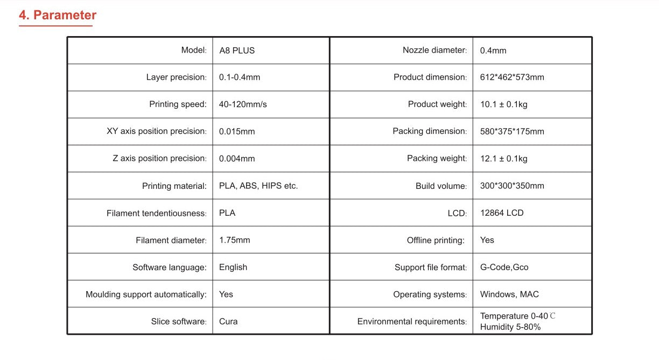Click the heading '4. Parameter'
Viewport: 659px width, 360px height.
click(x=58, y=15)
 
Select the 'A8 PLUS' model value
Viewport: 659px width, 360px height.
click(x=237, y=51)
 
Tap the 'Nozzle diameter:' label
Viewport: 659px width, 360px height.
click(x=434, y=50)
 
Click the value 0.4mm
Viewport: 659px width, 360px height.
click(x=493, y=51)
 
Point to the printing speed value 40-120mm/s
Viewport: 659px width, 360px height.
click(x=243, y=104)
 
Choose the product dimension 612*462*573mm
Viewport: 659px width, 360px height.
click(x=512, y=77)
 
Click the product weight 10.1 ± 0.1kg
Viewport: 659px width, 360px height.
click(x=503, y=104)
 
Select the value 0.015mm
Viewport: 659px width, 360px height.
click(x=237, y=131)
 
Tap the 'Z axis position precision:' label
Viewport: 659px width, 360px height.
click(x=159, y=158)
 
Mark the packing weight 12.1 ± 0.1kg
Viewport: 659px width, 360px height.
click(x=503, y=159)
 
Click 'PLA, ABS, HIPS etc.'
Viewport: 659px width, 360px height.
click(x=258, y=186)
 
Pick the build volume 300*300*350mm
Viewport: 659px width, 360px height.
click(x=512, y=186)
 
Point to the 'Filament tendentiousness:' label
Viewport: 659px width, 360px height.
click(x=156, y=213)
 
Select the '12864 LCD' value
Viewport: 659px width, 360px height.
click(x=502, y=213)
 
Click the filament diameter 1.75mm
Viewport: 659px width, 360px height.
click(x=235, y=240)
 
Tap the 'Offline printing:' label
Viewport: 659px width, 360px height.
click(x=436, y=241)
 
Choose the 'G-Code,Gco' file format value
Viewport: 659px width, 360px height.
click(x=504, y=267)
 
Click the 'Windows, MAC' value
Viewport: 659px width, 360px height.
click(x=509, y=294)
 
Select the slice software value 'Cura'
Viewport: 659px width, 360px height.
click(x=228, y=321)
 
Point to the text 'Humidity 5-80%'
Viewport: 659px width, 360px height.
click(x=510, y=327)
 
